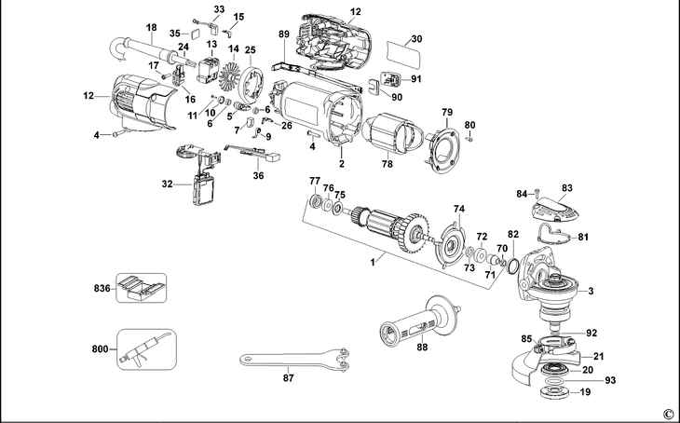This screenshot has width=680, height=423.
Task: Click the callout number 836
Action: click(x=101, y=290)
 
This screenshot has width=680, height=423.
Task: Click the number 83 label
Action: click(x=566, y=189)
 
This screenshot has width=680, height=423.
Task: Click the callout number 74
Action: click(x=457, y=209)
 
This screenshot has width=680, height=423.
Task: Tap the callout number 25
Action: click(x=250, y=49)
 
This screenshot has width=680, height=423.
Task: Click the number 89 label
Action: click(x=284, y=34)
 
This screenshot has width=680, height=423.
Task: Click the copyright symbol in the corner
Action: click(x=667, y=413)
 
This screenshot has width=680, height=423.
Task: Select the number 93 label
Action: click(x=611, y=380)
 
